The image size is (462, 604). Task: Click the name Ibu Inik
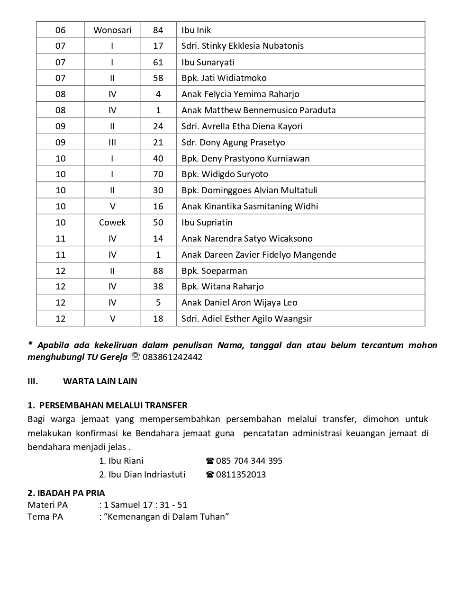click(196, 30)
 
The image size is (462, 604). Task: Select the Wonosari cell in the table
click(112, 30)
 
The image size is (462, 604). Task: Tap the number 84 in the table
click(158, 30)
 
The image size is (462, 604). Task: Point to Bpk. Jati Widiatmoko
click(224, 78)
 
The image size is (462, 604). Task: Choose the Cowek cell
click(112, 222)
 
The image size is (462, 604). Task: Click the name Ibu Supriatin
click(207, 222)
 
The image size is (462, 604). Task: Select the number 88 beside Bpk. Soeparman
click(158, 270)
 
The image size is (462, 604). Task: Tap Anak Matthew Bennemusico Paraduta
click(258, 110)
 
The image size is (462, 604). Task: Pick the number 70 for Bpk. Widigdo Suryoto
click(158, 174)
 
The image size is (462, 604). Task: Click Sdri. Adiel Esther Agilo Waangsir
click(246, 318)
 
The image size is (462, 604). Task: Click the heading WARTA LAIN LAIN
click(100, 381)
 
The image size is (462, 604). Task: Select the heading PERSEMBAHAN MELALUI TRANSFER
click(113, 406)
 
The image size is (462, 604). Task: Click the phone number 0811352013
click(241, 474)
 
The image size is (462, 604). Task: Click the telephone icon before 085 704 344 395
click(210, 461)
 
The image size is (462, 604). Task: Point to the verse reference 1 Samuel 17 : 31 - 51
click(145, 505)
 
